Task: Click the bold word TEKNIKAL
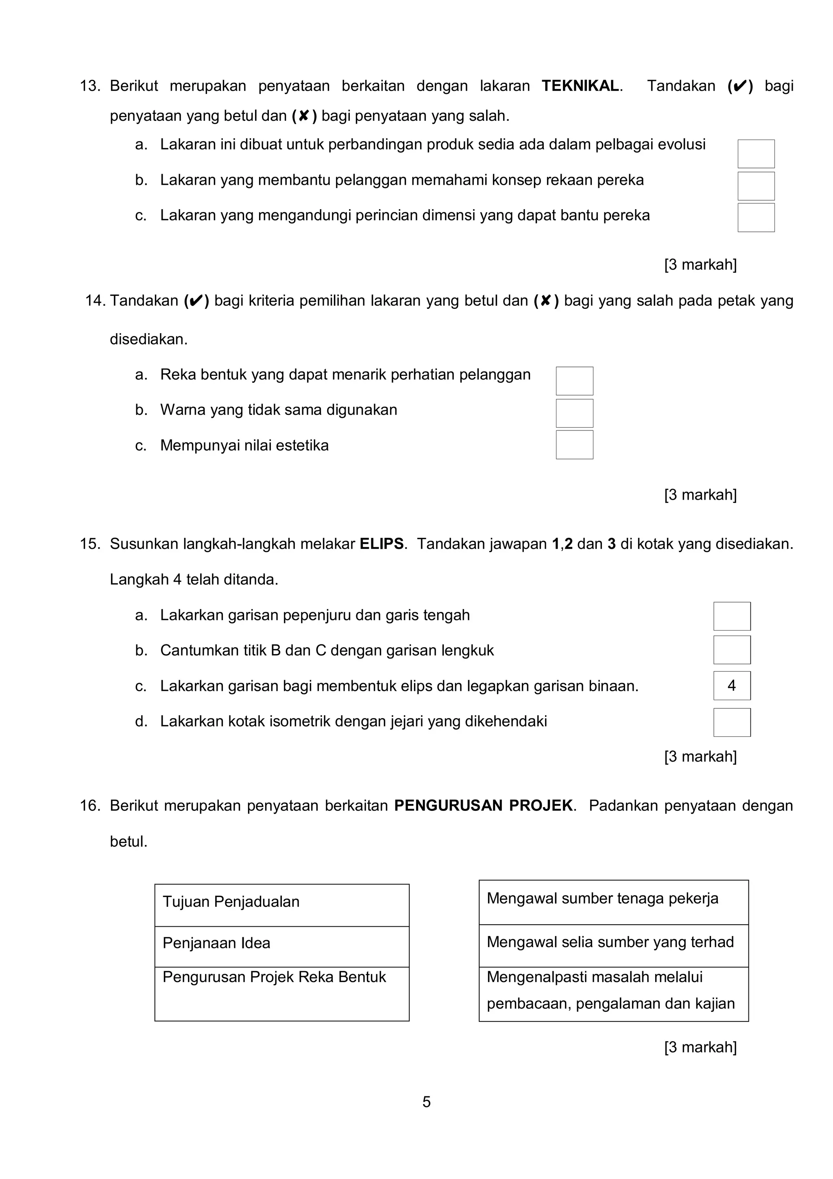click(x=580, y=86)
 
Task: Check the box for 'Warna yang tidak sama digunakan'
click(x=574, y=413)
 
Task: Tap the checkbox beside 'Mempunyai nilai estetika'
click(x=574, y=445)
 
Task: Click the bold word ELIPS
click(x=382, y=544)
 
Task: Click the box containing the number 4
click(x=731, y=686)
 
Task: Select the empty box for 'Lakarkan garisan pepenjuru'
click(x=731, y=616)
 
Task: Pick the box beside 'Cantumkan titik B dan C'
click(x=731, y=650)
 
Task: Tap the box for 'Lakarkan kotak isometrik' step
click(x=731, y=722)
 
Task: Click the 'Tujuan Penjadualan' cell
click(x=282, y=905)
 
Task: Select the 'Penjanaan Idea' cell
click(x=282, y=946)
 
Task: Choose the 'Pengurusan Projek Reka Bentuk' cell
click(x=282, y=993)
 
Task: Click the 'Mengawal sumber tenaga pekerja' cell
click(x=613, y=902)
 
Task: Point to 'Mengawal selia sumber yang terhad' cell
click(x=613, y=945)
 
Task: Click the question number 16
click(x=89, y=806)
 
